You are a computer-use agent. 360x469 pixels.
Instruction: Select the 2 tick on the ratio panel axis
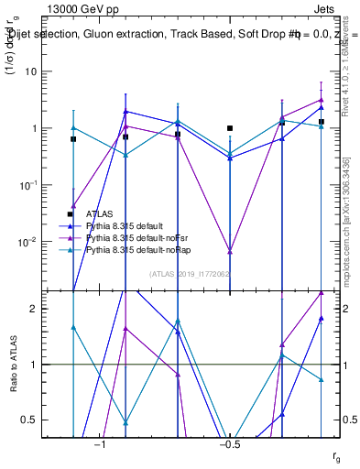pos(38,309)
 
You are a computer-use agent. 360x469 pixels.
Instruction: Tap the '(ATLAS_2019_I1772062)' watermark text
pos(190,273)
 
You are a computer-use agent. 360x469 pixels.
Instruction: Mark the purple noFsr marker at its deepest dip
pos(230,250)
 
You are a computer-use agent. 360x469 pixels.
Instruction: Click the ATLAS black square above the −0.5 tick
pos(230,128)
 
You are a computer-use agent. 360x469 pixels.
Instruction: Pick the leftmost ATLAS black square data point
pos(73,139)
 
